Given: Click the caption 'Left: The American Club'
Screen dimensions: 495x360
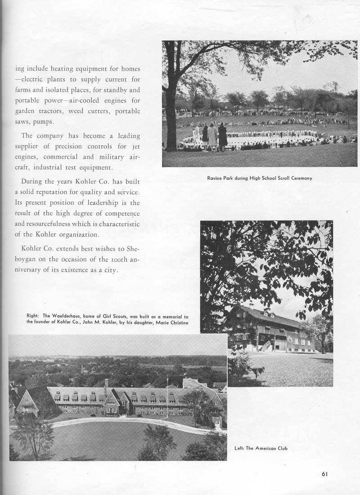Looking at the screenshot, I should click(261, 448).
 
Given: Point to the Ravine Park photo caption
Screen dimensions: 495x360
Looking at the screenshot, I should click(260, 178).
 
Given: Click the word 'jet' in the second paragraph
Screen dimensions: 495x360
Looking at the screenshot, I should click(135, 146).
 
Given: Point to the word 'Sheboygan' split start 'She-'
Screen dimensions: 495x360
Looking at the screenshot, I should click(131, 248).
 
